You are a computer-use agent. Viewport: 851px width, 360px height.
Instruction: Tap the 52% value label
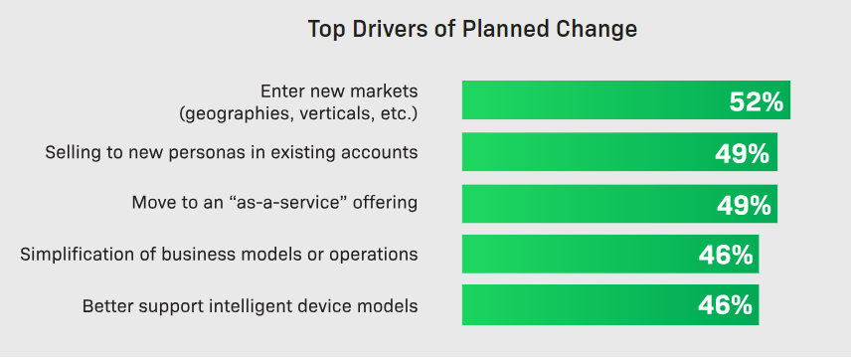pyautogui.click(x=757, y=101)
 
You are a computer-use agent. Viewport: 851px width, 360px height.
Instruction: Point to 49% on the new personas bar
pyautogui.click(x=743, y=153)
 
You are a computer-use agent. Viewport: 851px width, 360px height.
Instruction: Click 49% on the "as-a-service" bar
pyautogui.click(x=743, y=205)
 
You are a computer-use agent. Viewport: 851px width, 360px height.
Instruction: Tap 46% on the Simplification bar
pyautogui.click(x=725, y=255)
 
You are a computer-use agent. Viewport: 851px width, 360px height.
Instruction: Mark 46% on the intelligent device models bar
pyautogui.click(x=725, y=305)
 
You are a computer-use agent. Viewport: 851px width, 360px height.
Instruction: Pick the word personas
pyautogui.click(x=208, y=153)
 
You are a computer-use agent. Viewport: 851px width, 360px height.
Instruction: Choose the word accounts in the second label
pyautogui.click(x=382, y=153)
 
